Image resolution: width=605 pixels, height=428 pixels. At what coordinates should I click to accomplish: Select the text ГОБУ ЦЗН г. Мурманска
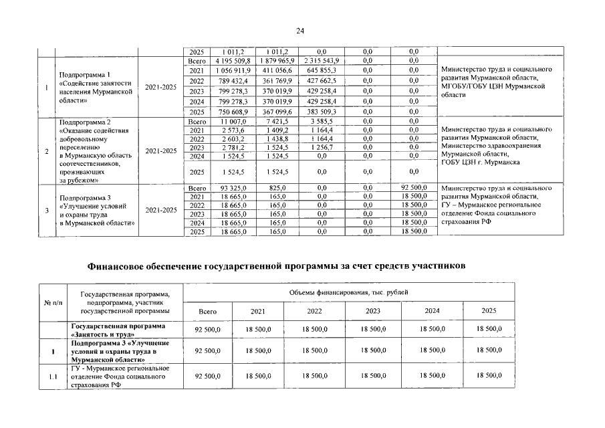click(481, 163)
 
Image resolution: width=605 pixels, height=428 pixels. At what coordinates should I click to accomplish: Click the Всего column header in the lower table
click(208, 311)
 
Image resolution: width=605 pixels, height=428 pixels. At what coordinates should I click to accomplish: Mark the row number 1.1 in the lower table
click(52, 377)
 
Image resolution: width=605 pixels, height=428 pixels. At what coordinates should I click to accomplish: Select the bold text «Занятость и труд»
click(100, 333)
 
